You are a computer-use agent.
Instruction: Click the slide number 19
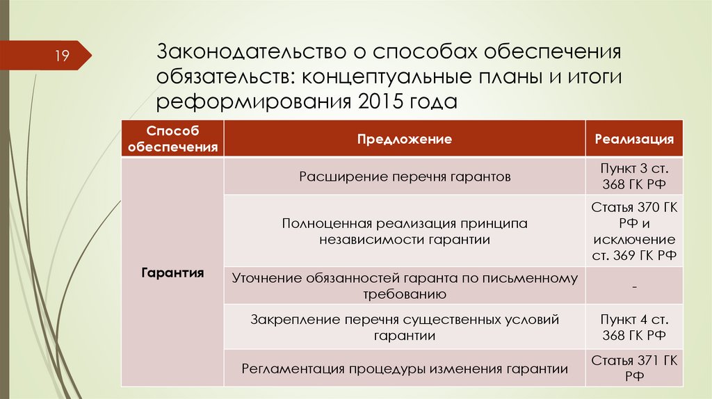point(62,56)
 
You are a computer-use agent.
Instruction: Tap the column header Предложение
point(405,139)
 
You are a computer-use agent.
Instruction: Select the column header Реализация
point(634,139)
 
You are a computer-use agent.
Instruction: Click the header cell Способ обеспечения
point(172,139)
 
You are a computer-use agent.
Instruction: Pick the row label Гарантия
point(172,272)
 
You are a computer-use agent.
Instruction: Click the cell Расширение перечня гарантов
point(405,177)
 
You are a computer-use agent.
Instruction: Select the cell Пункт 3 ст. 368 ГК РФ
point(634,177)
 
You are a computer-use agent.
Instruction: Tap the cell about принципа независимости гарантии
point(405,231)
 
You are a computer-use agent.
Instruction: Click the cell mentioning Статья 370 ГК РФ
point(634,231)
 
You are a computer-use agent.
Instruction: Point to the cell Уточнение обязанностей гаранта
point(405,286)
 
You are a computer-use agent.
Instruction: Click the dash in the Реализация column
point(634,286)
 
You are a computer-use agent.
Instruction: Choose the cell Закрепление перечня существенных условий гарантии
point(405,327)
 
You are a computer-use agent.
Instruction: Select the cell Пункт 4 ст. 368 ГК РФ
point(634,327)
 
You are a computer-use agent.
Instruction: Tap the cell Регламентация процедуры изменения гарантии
point(405,368)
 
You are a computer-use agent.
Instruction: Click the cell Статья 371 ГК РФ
point(634,368)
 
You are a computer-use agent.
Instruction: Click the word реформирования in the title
point(253,101)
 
